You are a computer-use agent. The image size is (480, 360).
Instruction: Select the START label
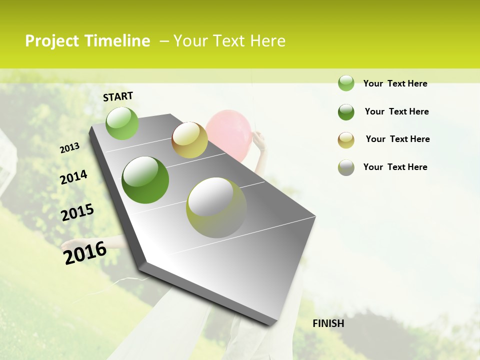[x=118, y=96]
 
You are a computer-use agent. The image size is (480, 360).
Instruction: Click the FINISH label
[x=328, y=323]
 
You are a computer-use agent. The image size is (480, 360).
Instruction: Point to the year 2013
[x=69, y=148]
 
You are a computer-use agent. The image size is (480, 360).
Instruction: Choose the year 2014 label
[x=73, y=177]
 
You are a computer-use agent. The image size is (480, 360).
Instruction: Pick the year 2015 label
[x=77, y=212]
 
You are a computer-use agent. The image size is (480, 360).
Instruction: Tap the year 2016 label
[x=85, y=252]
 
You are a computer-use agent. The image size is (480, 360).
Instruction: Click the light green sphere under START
[x=122, y=123]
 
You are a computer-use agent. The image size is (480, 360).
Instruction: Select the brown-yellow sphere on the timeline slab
[x=189, y=140]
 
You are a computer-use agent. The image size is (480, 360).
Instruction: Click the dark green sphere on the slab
[x=145, y=180]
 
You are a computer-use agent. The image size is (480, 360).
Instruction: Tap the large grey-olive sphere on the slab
[x=216, y=207]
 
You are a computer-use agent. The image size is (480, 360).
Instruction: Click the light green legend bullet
[x=346, y=83]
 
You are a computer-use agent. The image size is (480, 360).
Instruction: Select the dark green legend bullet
[x=346, y=112]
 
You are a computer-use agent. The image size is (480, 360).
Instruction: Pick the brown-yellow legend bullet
[x=346, y=140]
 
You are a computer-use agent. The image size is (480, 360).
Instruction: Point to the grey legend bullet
[x=346, y=167]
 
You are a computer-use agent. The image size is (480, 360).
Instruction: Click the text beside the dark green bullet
[x=396, y=111]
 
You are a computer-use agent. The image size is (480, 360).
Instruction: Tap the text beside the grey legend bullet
[x=395, y=167]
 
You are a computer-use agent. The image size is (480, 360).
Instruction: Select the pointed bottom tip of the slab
[x=272, y=322]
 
